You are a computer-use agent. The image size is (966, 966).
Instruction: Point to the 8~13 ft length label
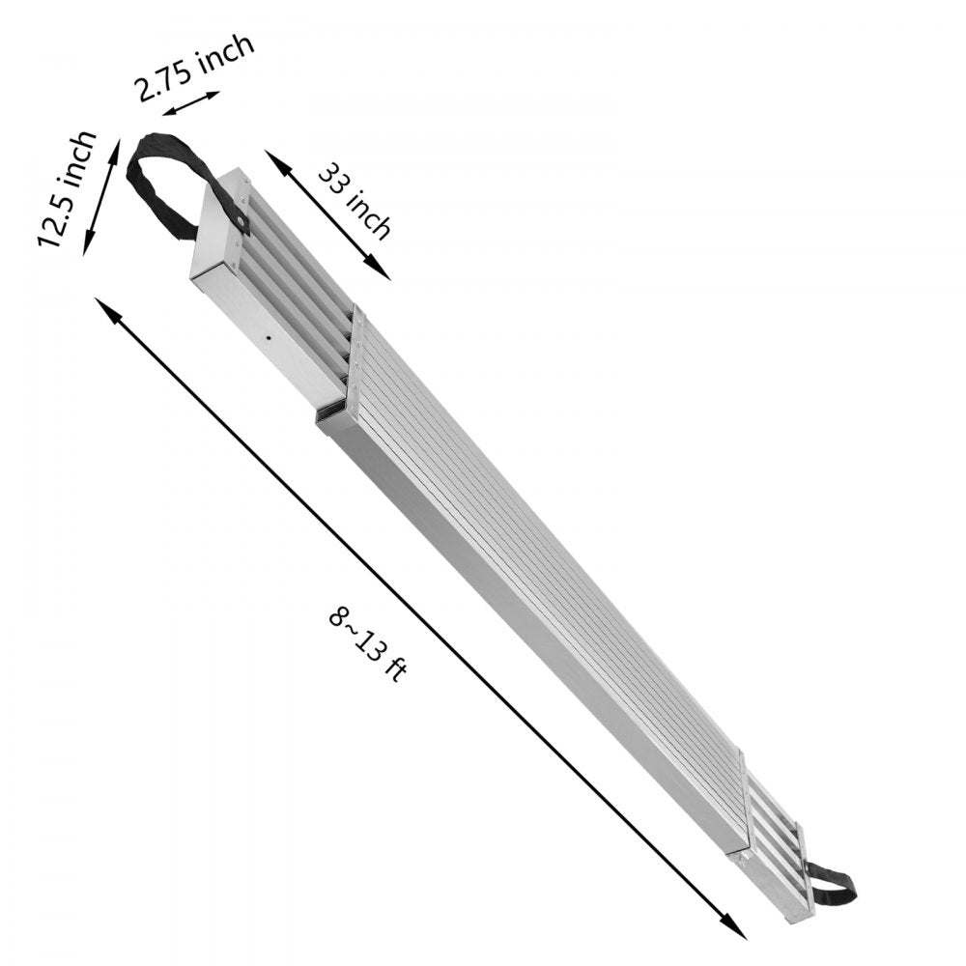tap(367, 641)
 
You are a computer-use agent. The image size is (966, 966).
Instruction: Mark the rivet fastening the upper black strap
tap(237, 222)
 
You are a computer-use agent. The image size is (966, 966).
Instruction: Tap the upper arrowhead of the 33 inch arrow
tap(274, 159)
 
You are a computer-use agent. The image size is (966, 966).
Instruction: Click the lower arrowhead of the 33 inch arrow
tap(382, 271)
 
